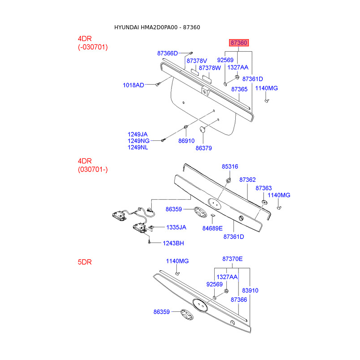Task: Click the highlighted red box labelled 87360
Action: click(238, 43)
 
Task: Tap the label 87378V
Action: click(197, 61)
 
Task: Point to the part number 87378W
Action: click(210, 68)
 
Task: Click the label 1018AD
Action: click(134, 85)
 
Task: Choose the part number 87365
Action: click(239, 90)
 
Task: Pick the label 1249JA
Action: click(138, 134)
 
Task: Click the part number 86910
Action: click(186, 141)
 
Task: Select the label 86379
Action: click(203, 148)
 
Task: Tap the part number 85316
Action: click(229, 166)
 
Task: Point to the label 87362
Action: click(247, 180)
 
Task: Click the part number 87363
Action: click(264, 188)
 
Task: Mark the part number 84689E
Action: click(212, 229)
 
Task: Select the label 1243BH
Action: click(173, 243)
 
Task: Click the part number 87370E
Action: click(232, 259)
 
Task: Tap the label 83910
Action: click(250, 291)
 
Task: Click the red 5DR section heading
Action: click(85, 261)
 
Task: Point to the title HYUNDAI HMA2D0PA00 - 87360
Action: click(157, 27)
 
